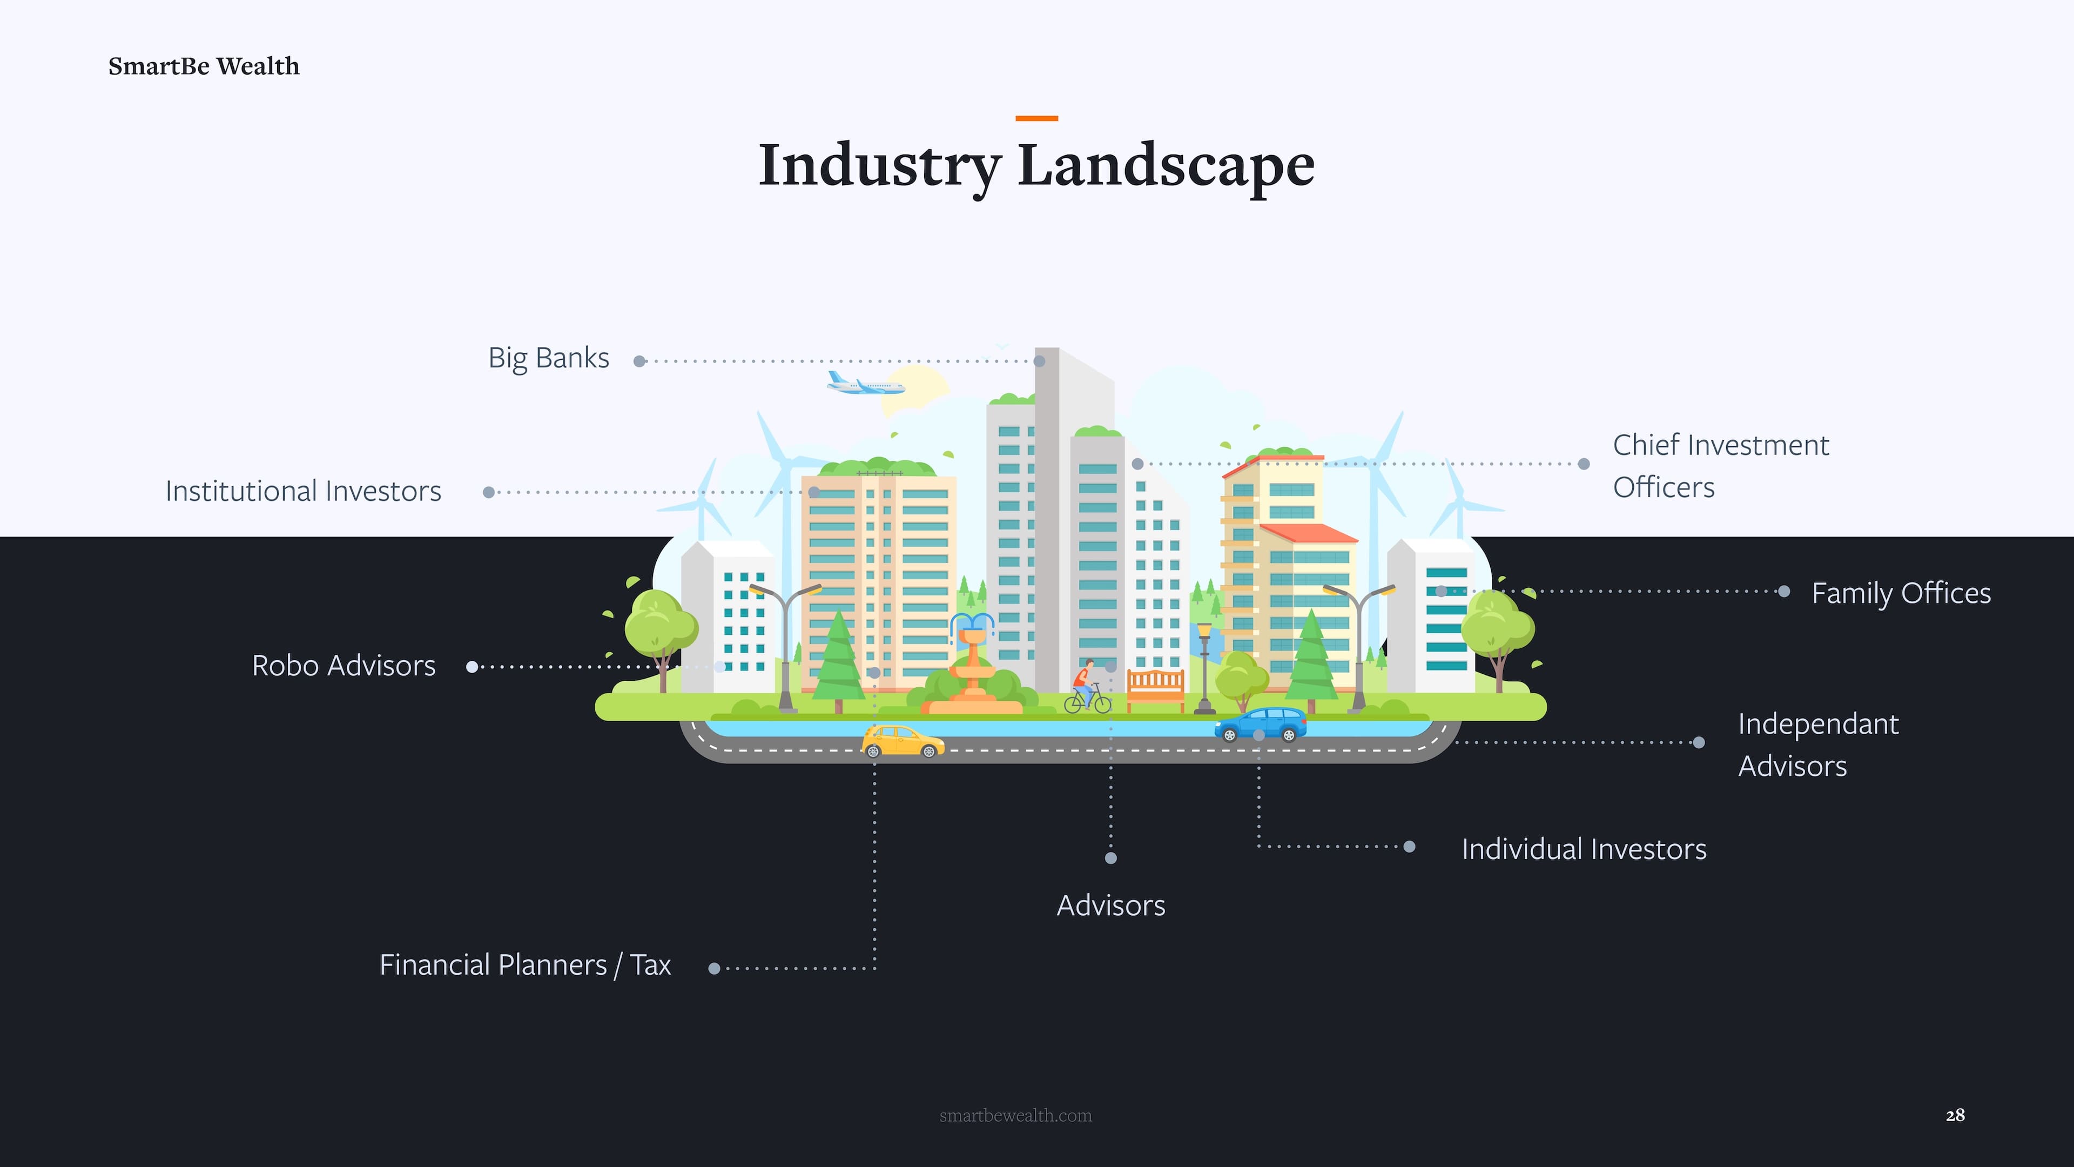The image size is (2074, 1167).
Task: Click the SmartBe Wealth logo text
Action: (204, 66)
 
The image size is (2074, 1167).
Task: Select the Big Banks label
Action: (548, 358)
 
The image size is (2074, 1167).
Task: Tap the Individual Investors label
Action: (1584, 849)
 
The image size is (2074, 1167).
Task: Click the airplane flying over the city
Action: (865, 384)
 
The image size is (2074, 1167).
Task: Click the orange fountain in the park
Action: (973, 668)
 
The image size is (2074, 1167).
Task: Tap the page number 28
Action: (1955, 1115)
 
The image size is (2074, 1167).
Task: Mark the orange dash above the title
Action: (1036, 118)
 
